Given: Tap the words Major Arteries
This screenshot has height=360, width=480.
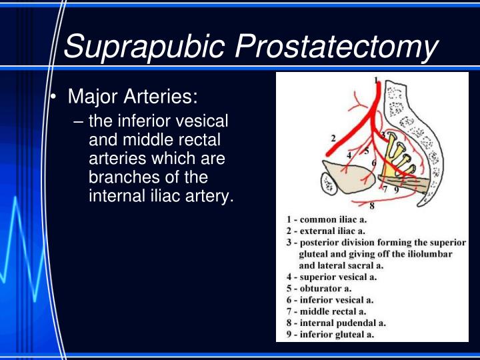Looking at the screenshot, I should tap(133, 97).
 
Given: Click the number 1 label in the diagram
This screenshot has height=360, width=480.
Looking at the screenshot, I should tap(375, 81).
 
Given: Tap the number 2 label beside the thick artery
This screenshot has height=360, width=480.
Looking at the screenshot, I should tap(332, 138).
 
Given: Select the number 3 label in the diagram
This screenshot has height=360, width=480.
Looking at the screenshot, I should tap(383, 135).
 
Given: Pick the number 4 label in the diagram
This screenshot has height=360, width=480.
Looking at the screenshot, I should tap(349, 155).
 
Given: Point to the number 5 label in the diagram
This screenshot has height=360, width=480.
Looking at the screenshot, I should tap(366, 151).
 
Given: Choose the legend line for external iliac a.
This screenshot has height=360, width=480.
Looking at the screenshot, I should tap(329, 231).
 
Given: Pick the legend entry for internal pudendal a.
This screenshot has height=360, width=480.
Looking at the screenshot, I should tap(336, 323).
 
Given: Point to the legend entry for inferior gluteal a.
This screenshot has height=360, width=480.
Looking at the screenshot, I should tap(330, 334).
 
